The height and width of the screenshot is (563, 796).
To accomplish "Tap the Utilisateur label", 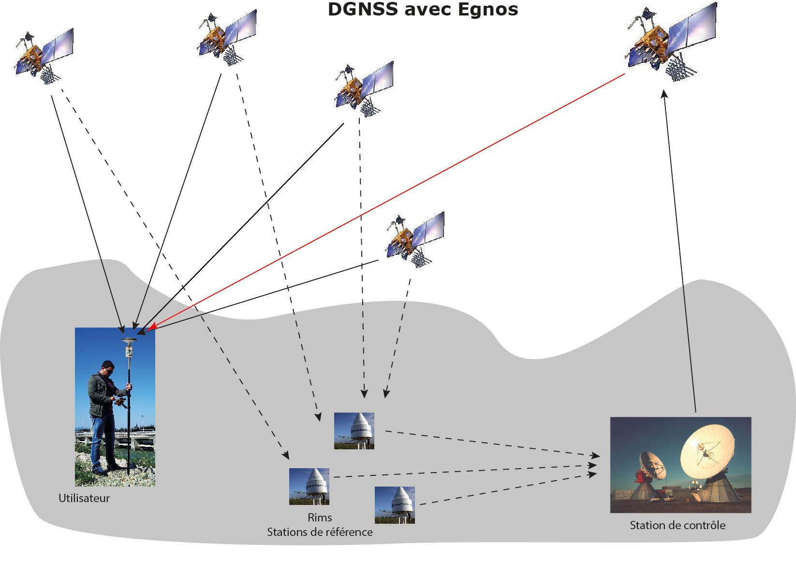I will coord(84,498).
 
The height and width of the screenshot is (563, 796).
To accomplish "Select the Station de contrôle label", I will coord(677,525).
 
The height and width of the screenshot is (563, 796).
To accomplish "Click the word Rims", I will coord(320,518).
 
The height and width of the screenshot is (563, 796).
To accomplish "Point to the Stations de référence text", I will coord(320,532).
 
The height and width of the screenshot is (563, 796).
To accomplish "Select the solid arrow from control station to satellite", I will coord(680,252).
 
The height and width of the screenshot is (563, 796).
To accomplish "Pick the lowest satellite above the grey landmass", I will coord(414,239).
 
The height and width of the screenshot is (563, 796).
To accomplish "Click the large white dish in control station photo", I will coord(708,452).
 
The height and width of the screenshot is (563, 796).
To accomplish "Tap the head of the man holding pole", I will coord(108,368).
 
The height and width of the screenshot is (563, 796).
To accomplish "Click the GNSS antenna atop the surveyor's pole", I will coord(129,340).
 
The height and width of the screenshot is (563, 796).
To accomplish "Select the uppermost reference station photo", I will coord(354,430).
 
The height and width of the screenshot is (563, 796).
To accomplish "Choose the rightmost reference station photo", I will coord(395,505).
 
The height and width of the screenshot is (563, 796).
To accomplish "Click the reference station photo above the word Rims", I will coord(309,486).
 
